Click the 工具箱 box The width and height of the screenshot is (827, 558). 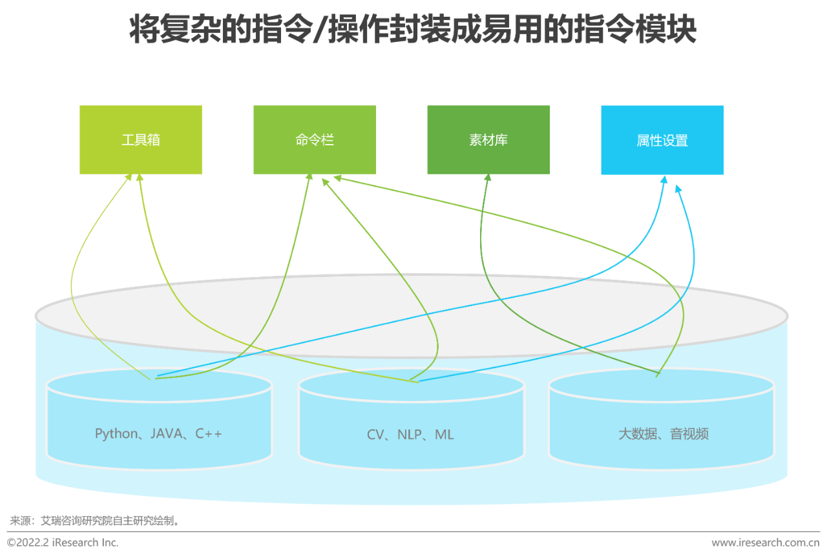141,140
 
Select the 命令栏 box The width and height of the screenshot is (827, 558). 315,140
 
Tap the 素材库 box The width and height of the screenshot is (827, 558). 488,140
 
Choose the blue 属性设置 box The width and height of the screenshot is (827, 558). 662,140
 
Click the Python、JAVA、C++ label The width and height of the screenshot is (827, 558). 158,434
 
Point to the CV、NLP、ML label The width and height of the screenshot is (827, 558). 410,435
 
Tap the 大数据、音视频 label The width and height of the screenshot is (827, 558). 664,434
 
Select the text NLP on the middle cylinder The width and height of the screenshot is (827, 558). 410,435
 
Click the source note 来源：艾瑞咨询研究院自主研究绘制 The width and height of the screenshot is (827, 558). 94,521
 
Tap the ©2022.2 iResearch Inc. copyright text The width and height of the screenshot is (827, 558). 63,542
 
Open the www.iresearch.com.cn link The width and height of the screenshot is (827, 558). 766,542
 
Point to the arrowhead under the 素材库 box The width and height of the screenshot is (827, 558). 488,178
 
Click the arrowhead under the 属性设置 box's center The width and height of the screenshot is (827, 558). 664,180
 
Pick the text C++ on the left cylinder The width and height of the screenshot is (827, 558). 209,433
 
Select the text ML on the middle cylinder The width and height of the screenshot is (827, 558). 444,435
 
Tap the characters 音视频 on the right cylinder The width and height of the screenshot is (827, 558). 689,434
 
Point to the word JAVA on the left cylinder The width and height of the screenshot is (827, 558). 166,433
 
